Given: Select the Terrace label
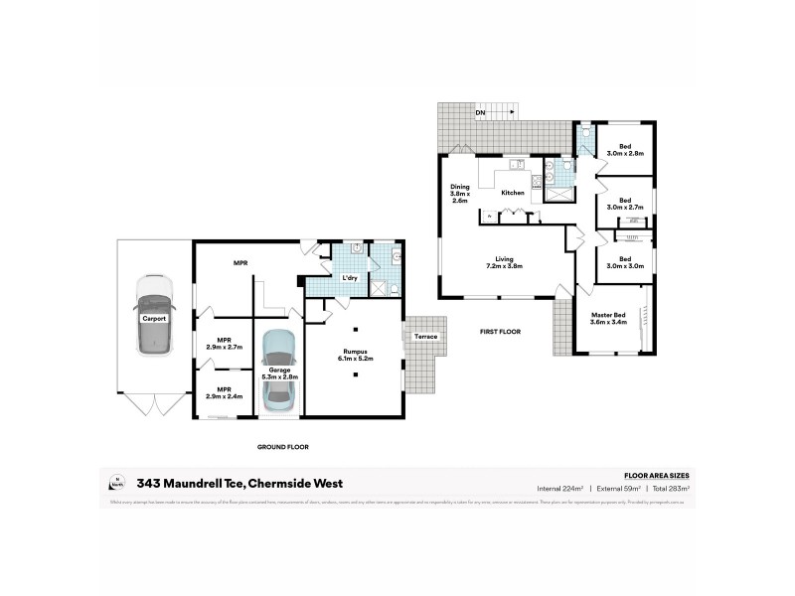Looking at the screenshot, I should click(x=426, y=337).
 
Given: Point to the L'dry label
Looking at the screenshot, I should click(x=349, y=277).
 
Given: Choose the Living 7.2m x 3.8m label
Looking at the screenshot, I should click(x=504, y=263).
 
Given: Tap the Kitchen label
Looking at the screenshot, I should click(x=513, y=193).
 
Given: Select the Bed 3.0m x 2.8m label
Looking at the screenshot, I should click(x=626, y=150).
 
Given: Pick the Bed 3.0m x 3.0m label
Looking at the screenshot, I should click(x=626, y=263).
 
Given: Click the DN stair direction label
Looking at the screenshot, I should click(x=480, y=113).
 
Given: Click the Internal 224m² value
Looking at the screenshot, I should click(x=559, y=489).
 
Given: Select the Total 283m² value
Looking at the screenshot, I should click(x=669, y=489).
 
